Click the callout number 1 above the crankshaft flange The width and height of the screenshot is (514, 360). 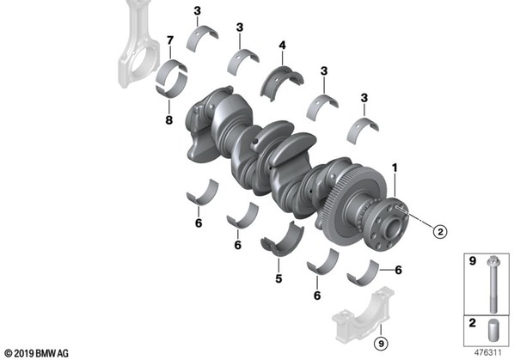[395, 168]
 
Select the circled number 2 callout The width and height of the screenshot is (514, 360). [440, 232]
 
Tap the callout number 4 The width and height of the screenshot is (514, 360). [282, 46]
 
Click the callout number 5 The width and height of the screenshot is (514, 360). [278, 278]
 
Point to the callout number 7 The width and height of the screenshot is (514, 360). [170, 40]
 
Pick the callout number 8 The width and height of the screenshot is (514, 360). [168, 120]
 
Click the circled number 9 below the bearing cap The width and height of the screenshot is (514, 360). [381, 344]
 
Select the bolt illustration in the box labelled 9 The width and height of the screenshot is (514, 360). [493, 284]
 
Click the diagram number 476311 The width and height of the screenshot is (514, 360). [487, 353]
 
